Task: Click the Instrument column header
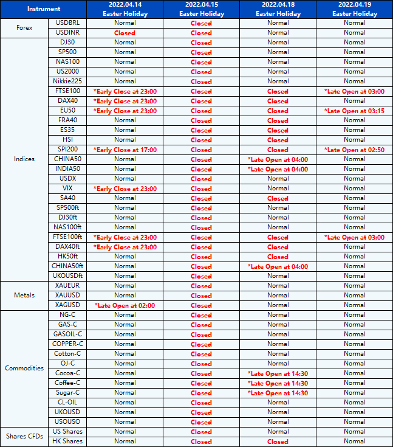[x=44, y=9]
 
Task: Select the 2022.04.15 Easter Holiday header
[x=201, y=9]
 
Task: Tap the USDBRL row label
[x=67, y=23]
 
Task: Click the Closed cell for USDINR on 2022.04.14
[x=125, y=33]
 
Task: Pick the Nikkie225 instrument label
[x=67, y=81]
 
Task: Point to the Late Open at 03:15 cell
[x=354, y=111]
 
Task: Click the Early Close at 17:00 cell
[x=125, y=150]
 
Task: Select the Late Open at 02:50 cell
[x=354, y=150]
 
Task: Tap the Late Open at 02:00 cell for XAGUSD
[x=125, y=305]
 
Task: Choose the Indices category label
[x=24, y=159]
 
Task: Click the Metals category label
[x=24, y=295]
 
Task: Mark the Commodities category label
[x=24, y=368]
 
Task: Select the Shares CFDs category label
[x=24, y=436]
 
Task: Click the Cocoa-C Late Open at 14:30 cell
[x=278, y=373]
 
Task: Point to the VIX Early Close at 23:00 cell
[x=125, y=189]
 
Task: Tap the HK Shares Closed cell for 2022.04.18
[x=278, y=442]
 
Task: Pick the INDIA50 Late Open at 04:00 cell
[x=278, y=169]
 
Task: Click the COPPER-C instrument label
[x=67, y=344]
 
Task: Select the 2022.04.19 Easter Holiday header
[x=354, y=9]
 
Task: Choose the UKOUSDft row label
[x=67, y=275]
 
